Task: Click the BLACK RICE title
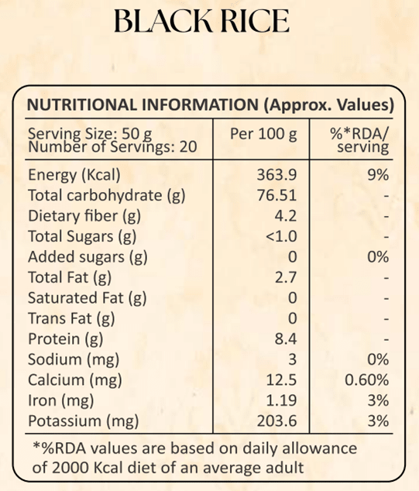tap(201, 21)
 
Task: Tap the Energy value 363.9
tap(276, 175)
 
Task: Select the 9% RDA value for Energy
tap(378, 175)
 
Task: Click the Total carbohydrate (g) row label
tap(106, 196)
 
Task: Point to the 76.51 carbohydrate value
tap(276, 195)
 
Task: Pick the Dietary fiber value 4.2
tap(285, 216)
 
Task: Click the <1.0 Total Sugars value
tap(281, 236)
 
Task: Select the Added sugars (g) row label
tap(88, 257)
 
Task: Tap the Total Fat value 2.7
tap(285, 277)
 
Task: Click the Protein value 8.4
tap(285, 338)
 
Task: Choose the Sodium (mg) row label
tap(74, 360)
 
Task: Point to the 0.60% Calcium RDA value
tap(366, 379)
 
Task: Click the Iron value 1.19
tap(281, 400)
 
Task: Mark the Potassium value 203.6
tap(276, 421)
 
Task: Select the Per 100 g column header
tap(263, 134)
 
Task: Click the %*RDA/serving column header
tap(359, 141)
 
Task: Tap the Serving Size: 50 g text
tap(90, 134)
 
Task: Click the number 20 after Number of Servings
tap(188, 147)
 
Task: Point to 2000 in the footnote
tap(70, 468)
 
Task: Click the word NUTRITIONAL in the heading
tap(82, 105)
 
